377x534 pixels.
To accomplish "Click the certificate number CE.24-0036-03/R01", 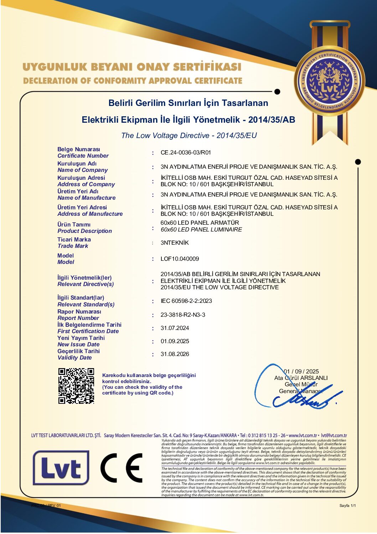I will click(186, 153).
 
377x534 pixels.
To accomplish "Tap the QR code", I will click(76, 386).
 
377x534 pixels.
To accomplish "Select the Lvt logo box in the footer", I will click(61, 468).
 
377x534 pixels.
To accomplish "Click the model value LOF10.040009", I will click(180, 259).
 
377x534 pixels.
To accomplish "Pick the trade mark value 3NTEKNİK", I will click(175, 243).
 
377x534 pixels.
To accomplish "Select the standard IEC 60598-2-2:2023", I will click(186, 301).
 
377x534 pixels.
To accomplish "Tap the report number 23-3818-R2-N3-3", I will click(183, 315).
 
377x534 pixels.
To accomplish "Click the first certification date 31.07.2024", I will click(175, 328).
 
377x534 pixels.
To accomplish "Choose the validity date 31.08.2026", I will click(175, 354).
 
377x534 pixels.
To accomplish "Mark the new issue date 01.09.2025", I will click(175, 341).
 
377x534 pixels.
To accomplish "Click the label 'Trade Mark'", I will click(73, 246).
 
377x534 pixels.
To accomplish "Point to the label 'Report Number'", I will click(78, 318).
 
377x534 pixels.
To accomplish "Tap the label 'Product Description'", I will click(84, 231).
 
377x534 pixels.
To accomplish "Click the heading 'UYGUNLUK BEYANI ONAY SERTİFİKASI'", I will click(132, 67).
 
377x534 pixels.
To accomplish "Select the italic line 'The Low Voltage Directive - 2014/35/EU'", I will click(189, 136).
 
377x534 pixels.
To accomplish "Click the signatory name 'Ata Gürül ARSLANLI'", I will click(301, 378).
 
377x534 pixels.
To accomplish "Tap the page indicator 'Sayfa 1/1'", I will click(347, 505).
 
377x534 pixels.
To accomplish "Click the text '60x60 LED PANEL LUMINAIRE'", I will click(201, 229).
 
